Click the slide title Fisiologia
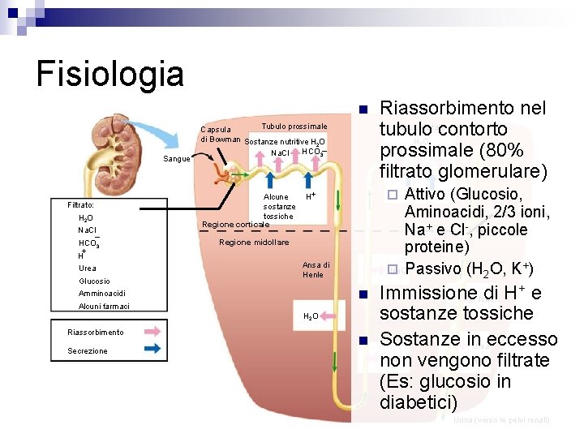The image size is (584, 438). [x=110, y=74]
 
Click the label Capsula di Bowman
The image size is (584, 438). [x=220, y=134]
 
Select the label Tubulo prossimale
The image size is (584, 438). [x=294, y=127]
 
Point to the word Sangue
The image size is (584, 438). [x=177, y=159]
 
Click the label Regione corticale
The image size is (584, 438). [x=235, y=224]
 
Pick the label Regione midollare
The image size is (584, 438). [x=255, y=243]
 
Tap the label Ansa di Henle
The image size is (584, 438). [x=316, y=269]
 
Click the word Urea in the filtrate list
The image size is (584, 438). [x=88, y=268]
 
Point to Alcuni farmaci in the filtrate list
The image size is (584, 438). [x=104, y=306]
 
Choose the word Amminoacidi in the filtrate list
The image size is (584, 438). [x=101, y=293]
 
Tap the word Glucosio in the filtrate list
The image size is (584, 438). [x=94, y=281]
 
